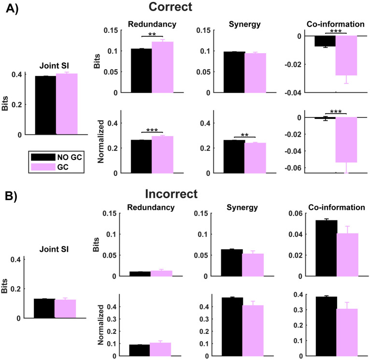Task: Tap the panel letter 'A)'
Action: [x=14, y=10]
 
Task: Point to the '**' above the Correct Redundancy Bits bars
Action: [x=152, y=34]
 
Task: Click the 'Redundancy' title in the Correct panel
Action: [x=152, y=24]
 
